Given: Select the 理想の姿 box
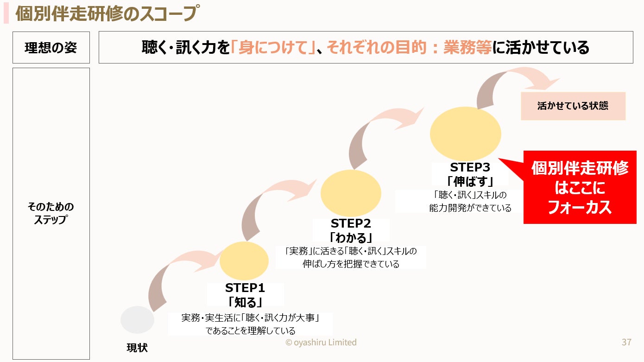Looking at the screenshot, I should click(x=51, y=47).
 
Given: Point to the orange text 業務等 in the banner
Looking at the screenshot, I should click(x=467, y=47).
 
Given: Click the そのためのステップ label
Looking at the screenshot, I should click(x=51, y=213).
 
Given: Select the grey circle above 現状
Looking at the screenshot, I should click(x=137, y=320).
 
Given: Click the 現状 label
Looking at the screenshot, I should click(x=137, y=348).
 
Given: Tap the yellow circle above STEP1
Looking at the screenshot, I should click(x=244, y=260).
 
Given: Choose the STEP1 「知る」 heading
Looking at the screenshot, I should click(x=245, y=295).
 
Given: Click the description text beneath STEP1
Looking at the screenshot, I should click(x=251, y=324).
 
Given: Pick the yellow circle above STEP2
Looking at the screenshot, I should click(x=351, y=193).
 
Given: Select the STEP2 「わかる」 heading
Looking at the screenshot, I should click(x=351, y=230).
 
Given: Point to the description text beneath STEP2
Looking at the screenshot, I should click(x=351, y=258).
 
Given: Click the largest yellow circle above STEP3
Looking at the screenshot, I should click(x=465, y=133).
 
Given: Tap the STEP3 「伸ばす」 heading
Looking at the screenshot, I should click(x=470, y=174).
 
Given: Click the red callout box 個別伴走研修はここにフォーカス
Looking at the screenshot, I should click(x=580, y=188).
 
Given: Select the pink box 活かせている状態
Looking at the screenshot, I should click(x=573, y=106).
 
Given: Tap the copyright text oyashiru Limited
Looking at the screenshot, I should click(x=321, y=343).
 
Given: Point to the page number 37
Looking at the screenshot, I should click(x=626, y=343).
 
